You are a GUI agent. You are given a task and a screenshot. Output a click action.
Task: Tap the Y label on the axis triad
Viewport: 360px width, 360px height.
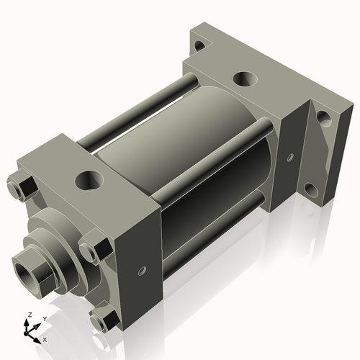(44, 318)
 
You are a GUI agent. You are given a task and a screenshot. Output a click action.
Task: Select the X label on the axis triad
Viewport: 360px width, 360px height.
(45, 338)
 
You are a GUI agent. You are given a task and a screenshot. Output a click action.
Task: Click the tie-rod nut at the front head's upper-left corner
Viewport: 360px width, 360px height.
(23, 187)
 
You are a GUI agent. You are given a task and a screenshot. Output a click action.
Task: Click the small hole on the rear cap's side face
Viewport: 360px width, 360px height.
(290, 156)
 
